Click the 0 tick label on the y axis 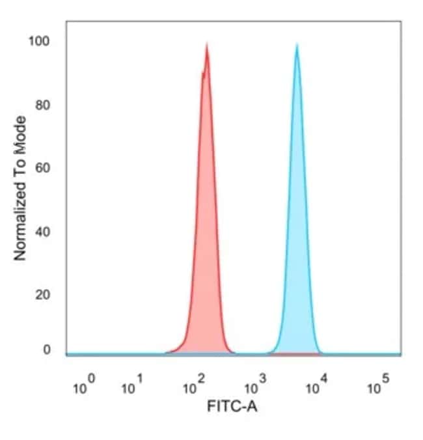pyautogui.click(x=47, y=350)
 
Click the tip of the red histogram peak pyautogui.click(x=207, y=44)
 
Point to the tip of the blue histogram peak pyautogui.click(x=297, y=45)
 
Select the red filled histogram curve pyautogui.click(x=207, y=228)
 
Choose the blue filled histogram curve pyautogui.click(x=297, y=228)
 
